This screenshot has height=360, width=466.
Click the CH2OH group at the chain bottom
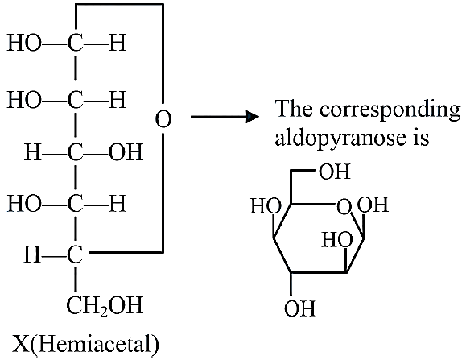105,306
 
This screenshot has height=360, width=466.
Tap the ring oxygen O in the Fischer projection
163,119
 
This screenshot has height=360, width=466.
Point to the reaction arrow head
253,117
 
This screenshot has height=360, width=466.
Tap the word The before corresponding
294,108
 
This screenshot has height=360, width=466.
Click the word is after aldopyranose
421,138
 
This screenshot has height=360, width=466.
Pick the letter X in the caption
21,345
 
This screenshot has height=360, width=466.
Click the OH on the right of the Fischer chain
126,152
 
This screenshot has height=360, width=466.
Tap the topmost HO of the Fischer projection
24,43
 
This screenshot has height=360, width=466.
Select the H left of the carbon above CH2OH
33,254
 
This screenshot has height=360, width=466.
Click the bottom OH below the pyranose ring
300,308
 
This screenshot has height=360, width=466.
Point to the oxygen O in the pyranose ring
344,207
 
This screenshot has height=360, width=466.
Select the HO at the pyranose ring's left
266,205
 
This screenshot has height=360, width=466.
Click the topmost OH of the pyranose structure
335,172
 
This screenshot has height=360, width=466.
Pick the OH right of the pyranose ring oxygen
373,204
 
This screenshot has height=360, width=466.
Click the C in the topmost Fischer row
75,43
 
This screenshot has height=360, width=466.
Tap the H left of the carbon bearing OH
33,152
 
